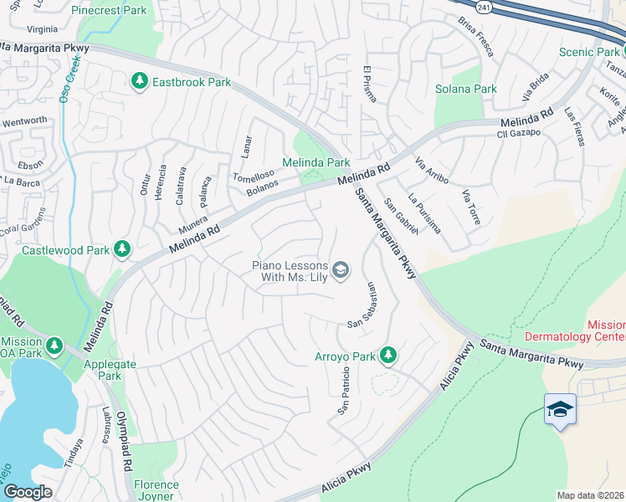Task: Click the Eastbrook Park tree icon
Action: [x=139, y=82]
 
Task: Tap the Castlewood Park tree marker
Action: [x=122, y=249]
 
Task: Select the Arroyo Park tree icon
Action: [x=387, y=356]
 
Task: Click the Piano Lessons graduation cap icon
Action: [x=340, y=269]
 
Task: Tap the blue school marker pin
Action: [x=560, y=409]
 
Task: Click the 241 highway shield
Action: [x=483, y=7]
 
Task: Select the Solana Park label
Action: [x=466, y=89]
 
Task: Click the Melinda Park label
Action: [x=316, y=162]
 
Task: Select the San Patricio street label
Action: [x=342, y=392]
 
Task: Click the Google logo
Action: [x=28, y=492]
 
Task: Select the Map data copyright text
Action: [x=590, y=495]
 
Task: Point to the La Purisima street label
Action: [x=424, y=214]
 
